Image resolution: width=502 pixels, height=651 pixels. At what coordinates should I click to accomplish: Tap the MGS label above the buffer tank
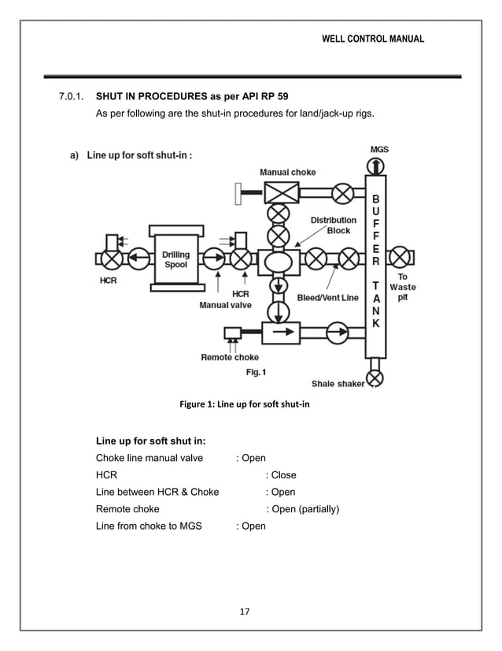[378, 149]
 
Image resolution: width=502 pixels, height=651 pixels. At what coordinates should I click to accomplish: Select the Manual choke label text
[287, 172]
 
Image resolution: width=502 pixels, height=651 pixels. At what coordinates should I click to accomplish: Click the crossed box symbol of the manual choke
[277, 192]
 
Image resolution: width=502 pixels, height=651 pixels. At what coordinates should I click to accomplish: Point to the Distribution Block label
[333, 225]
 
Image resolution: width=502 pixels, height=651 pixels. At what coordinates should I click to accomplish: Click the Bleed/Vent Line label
[328, 298]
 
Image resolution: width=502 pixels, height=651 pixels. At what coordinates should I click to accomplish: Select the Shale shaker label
[338, 384]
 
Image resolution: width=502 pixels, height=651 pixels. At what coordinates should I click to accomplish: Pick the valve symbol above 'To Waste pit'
[401, 257]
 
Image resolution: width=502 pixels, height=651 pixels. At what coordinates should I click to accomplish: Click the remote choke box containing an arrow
[277, 333]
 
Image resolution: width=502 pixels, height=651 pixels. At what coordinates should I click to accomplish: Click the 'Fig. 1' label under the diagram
[257, 371]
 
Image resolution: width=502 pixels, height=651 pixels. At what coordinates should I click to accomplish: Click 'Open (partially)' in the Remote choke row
[303, 509]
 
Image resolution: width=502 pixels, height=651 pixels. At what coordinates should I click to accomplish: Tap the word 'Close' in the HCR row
[283, 475]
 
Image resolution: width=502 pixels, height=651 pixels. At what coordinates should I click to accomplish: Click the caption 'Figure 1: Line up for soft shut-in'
[245, 405]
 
